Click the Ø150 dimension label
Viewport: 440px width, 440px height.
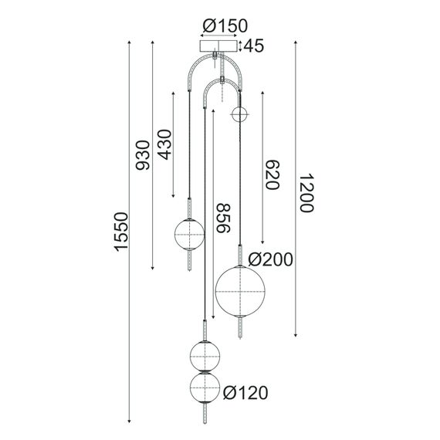[220, 27]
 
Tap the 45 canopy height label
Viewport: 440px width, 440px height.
[254, 46]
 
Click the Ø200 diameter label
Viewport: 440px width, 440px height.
[270, 261]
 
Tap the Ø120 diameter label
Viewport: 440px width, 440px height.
[245, 394]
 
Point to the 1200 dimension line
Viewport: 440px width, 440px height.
[296, 190]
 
